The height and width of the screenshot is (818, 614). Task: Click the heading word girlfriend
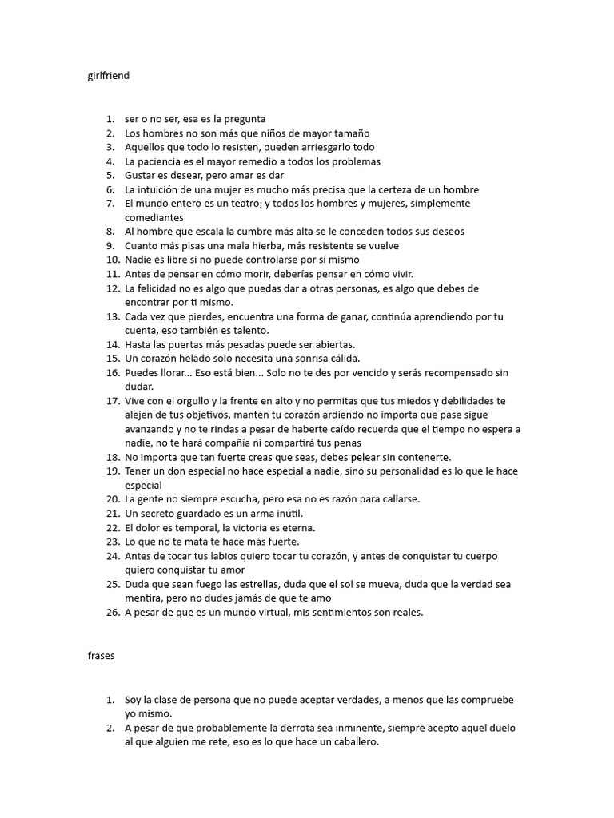pos(108,77)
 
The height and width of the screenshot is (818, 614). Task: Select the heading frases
pos(102,655)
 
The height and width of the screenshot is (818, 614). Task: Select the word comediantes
pos(154,217)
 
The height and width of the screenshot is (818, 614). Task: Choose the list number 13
pos(113,316)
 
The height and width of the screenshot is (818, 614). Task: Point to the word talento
pos(250,330)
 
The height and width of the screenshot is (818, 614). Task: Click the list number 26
pos(113,613)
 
